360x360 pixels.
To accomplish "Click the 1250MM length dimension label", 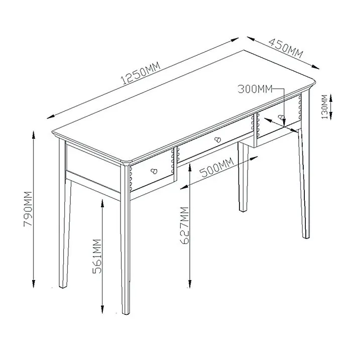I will coord(141,73).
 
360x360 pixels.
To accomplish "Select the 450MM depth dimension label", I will coord(285,47).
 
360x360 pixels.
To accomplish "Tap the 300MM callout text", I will coord(255,89).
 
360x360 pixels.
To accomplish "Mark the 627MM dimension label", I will coord(184,225).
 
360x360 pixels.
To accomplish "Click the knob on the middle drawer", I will coord(217,139).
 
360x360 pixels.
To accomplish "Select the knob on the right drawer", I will coord(282,118).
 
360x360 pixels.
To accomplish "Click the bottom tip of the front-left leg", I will coord(126,312).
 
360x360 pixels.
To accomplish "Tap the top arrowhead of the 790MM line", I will coord(34,132).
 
